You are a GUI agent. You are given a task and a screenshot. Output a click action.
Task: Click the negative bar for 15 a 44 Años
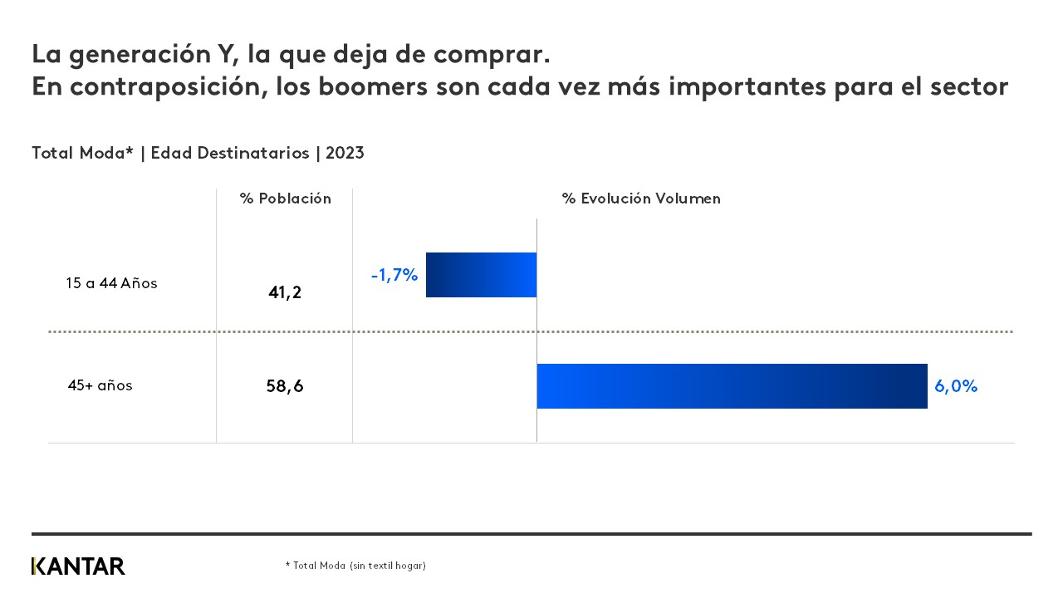tap(481, 275)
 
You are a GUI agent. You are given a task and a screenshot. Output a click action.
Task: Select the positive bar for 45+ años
tap(732, 386)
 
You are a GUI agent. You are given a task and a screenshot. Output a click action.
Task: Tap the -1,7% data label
tap(394, 276)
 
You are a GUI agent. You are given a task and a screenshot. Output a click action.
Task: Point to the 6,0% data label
tap(956, 386)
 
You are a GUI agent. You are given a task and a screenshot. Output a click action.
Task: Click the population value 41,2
tap(285, 292)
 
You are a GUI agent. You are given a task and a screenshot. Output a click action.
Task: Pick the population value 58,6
tap(285, 386)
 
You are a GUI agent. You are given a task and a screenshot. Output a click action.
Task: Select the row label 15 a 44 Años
tap(112, 283)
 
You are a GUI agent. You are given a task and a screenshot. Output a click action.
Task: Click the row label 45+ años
tap(100, 386)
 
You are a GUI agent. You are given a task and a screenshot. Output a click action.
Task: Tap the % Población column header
tap(286, 199)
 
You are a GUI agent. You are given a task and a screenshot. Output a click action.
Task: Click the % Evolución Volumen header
tap(641, 199)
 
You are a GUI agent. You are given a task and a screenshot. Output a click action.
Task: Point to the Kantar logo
tap(78, 566)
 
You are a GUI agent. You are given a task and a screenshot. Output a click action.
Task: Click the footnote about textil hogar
tap(355, 566)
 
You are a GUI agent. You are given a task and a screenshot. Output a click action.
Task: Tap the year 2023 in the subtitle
tap(345, 153)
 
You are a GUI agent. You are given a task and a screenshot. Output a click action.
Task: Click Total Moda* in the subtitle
tap(82, 153)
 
